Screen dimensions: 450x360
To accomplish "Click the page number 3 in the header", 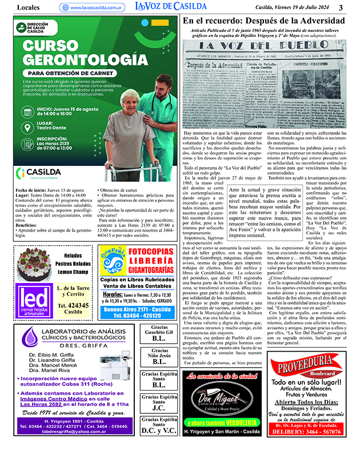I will tap(341, 7).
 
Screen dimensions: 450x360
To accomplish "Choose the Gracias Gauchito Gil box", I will tap(159, 334).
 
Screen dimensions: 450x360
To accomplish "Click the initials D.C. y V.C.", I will tap(159, 430).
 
